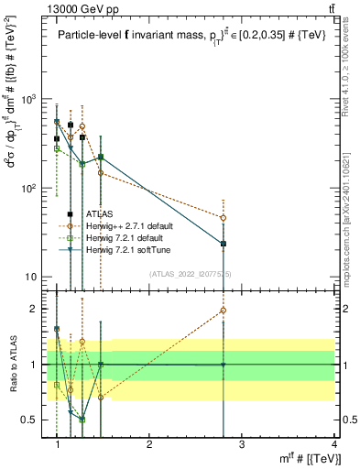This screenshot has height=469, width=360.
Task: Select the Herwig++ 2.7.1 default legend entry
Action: (127, 225)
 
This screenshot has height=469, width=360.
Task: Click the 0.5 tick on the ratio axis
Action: (31, 420)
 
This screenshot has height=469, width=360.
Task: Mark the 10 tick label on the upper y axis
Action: (28, 277)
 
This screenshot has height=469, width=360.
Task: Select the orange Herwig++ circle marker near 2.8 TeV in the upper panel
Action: (224, 218)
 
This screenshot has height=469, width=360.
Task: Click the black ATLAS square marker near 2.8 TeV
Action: (224, 244)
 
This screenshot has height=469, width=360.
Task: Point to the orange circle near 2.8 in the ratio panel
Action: (224, 311)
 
